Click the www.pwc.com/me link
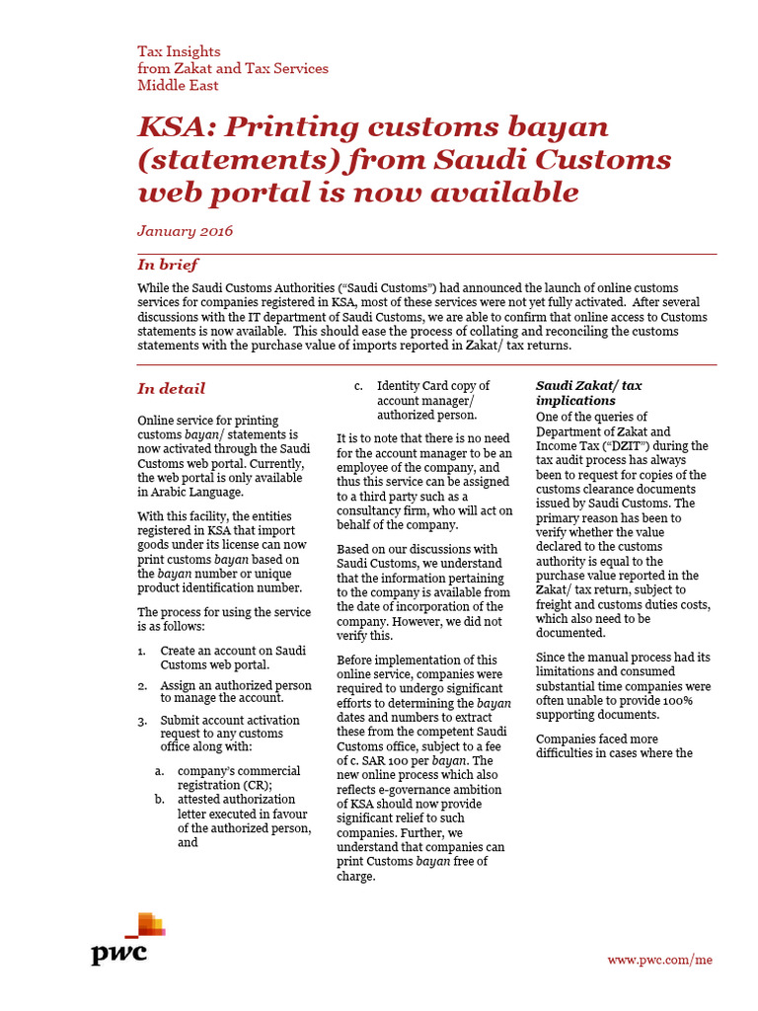tap(659, 960)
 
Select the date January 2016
tap(186, 231)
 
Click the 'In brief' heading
tap(168, 265)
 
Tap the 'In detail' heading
tap(172, 389)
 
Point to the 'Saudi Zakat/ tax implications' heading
tap(588, 393)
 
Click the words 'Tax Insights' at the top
tap(179, 50)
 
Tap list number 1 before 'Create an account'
tap(143, 651)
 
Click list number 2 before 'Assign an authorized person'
tap(143, 684)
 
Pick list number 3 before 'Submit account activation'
tap(143, 720)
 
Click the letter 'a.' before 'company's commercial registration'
tap(159, 770)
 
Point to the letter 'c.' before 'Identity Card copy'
tap(360, 386)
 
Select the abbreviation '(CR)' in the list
tap(255, 785)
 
